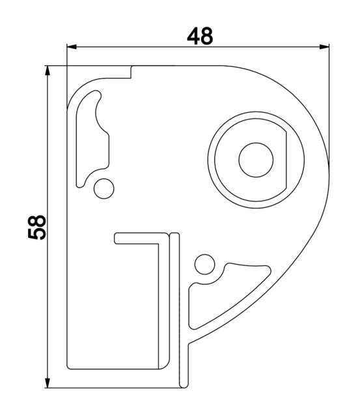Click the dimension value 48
pos(200,36)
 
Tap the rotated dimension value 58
pos(38,227)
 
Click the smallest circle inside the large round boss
pos(255,160)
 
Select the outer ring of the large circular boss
pos(213,160)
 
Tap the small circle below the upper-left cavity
pos(102,188)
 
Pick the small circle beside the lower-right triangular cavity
pos(205,264)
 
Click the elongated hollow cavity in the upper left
pos(91,140)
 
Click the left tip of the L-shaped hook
pos(117,238)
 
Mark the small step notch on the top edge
pos(132,72)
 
